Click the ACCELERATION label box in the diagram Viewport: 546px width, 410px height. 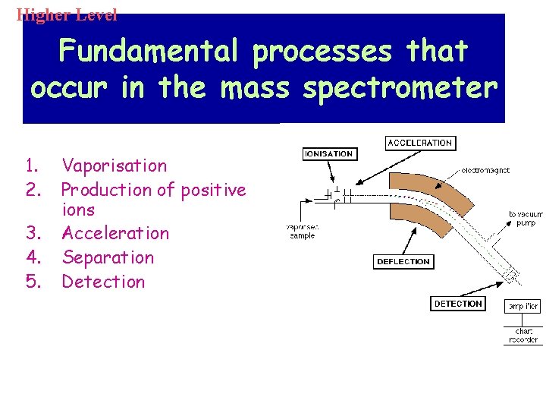[x=419, y=143]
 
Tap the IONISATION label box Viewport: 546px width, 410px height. [x=328, y=154]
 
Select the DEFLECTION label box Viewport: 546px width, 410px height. [x=403, y=262]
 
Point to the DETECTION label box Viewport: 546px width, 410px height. [x=458, y=304]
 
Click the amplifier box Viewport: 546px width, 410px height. [x=523, y=306]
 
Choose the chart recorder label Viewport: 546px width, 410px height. [x=523, y=336]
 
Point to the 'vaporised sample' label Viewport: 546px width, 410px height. [x=303, y=231]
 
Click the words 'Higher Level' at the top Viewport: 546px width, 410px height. [x=67, y=14]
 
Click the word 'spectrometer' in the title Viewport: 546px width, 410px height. [x=400, y=88]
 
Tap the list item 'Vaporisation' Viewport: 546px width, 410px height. [x=114, y=166]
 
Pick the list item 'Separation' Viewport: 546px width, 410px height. [x=108, y=257]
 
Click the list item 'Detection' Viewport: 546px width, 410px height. [x=103, y=282]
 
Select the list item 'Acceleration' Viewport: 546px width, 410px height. [x=115, y=233]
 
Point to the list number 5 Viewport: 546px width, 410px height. [x=32, y=282]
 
